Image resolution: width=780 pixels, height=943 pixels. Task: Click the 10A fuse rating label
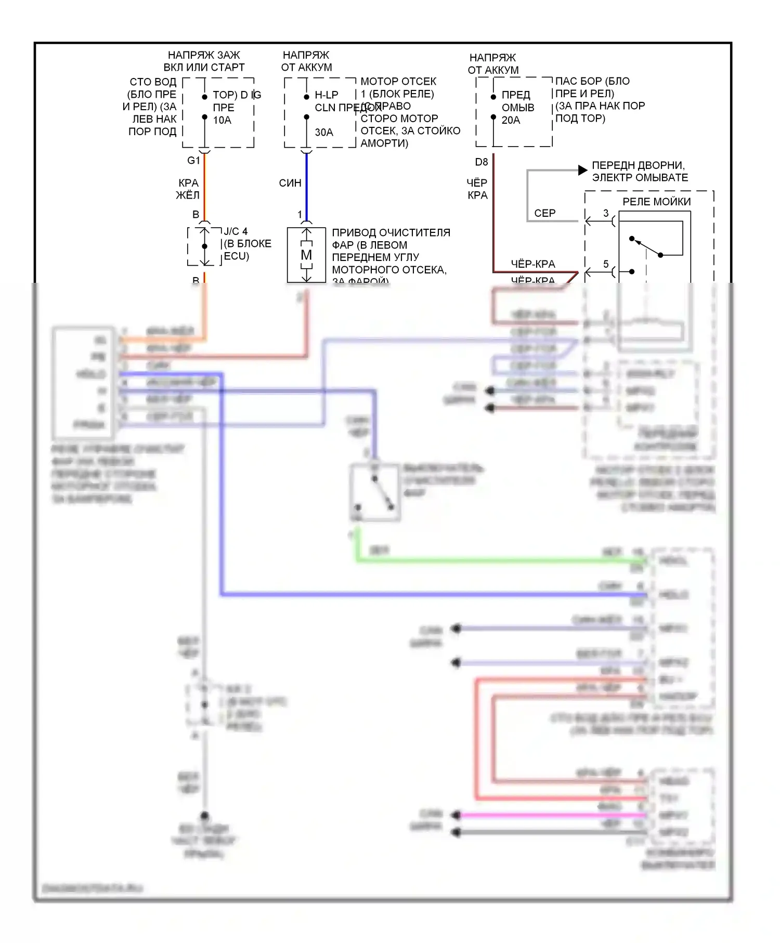[222, 120]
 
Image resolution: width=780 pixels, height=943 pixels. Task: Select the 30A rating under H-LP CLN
[324, 133]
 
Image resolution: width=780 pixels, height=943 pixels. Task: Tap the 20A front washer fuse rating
[511, 120]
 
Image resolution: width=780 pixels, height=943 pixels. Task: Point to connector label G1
[193, 161]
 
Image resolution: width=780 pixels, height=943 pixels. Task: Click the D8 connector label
[482, 162]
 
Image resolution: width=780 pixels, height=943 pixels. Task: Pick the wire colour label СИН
[290, 183]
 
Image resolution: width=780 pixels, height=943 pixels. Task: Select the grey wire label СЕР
[544, 213]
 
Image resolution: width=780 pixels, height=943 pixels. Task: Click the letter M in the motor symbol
[306, 255]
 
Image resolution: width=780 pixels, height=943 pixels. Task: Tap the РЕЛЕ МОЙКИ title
[656, 202]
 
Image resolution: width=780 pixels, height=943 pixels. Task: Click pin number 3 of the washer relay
[606, 213]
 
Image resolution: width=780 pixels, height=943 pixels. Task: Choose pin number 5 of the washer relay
[606, 264]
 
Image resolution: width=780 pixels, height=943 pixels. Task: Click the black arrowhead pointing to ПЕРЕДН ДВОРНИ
[583, 170]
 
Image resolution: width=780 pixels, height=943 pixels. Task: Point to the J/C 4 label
[236, 231]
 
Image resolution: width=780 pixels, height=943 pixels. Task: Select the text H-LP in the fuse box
[327, 95]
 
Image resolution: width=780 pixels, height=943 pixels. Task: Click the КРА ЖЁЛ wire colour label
[188, 189]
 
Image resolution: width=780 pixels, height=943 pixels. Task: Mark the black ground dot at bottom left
[204, 816]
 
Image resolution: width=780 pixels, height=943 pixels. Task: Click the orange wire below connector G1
[204, 187]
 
